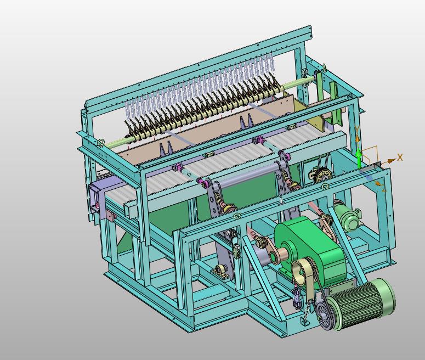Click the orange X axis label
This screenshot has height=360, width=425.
coord(400,157)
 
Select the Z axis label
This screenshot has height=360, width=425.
coord(384,189)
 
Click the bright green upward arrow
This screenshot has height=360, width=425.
coord(359,158)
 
